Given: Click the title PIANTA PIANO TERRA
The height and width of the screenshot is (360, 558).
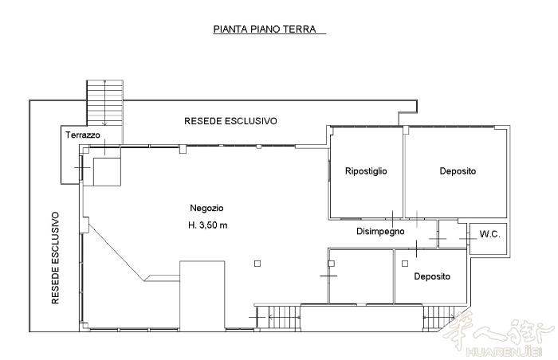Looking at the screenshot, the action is (x=265, y=29).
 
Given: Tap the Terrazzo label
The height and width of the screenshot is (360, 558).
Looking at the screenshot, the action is (x=83, y=135).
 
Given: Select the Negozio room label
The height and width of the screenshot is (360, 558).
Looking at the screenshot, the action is (x=206, y=208).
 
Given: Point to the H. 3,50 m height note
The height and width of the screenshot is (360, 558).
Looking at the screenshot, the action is (x=207, y=225).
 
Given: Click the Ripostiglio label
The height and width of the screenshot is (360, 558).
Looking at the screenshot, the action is (x=366, y=171).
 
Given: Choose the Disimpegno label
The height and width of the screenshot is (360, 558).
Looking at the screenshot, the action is (x=380, y=232).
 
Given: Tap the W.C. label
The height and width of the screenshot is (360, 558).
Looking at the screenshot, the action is (x=489, y=234).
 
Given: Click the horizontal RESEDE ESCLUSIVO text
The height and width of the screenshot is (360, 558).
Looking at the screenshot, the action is (x=230, y=121).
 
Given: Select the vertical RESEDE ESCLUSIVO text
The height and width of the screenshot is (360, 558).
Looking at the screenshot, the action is (x=55, y=258).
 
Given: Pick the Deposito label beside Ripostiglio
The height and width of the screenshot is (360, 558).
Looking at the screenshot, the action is (x=458, y=171).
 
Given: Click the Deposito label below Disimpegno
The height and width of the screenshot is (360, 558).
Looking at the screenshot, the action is (x=432, y=276).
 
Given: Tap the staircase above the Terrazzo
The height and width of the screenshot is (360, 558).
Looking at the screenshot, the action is (x=105, y=104).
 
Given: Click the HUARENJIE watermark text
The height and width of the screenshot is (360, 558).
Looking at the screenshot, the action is (x=504, y=352).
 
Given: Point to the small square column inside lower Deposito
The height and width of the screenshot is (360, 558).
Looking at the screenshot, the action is (x=405, y=264).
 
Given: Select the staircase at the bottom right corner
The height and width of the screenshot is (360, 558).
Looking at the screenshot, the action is (x=438, y=319).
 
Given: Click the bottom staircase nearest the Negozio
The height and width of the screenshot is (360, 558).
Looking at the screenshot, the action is (x=284, y=317).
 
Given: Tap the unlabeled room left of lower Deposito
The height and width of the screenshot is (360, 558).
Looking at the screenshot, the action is (x=361, y=276).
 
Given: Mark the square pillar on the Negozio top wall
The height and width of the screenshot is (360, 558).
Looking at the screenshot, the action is (x=183, y=149).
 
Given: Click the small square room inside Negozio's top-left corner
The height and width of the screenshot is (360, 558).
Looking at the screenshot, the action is (x=107, y=172).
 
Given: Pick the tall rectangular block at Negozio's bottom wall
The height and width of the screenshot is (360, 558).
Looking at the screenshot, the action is (x=202, y=295).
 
